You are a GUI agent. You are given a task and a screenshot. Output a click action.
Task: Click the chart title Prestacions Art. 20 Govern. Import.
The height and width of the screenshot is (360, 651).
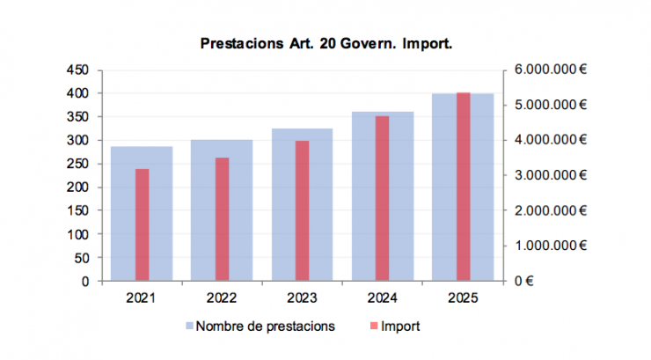pos(325,43)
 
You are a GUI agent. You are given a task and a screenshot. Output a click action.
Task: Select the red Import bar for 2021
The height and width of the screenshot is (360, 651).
pos(142,224)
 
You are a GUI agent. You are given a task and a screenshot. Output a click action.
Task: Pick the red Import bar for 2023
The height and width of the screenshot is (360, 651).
pos(302,210)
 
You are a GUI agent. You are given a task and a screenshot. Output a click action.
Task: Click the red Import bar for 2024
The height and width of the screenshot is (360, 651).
pos(382,198)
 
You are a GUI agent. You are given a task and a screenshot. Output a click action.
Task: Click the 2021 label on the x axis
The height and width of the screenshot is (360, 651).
pos(142,298)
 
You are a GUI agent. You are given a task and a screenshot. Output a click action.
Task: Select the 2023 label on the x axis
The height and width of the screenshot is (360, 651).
pos(302,298)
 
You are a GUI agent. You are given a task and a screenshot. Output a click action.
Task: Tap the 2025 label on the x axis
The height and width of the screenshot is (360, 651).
pos(463,298)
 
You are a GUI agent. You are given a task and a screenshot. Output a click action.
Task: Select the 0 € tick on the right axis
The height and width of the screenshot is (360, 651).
pos(526,282)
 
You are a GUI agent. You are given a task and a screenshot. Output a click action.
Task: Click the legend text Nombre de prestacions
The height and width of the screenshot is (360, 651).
pos(265,327)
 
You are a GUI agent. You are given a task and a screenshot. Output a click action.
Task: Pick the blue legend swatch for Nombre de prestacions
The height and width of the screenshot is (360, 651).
pos(188,327)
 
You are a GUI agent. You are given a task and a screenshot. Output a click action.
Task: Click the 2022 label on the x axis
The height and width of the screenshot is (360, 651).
pos(222,298)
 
